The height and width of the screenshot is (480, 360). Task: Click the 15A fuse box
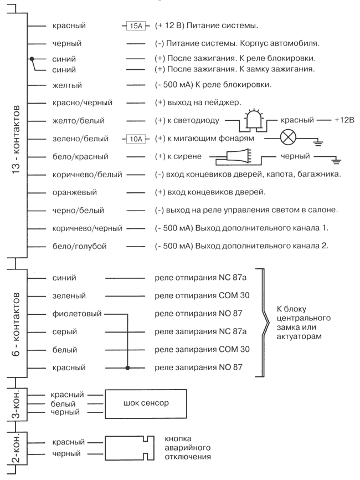coord(135,25)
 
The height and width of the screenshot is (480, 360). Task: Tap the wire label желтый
coord(67,85)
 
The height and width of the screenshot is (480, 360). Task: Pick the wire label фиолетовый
coord(76,314)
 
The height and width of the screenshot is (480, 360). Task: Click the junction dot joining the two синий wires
coord(32,59)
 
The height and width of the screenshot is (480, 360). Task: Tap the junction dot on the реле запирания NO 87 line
coord(128,368)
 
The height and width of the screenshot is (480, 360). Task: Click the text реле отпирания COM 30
coord(202,295)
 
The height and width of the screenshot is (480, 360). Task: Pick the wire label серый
coord(65,332)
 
